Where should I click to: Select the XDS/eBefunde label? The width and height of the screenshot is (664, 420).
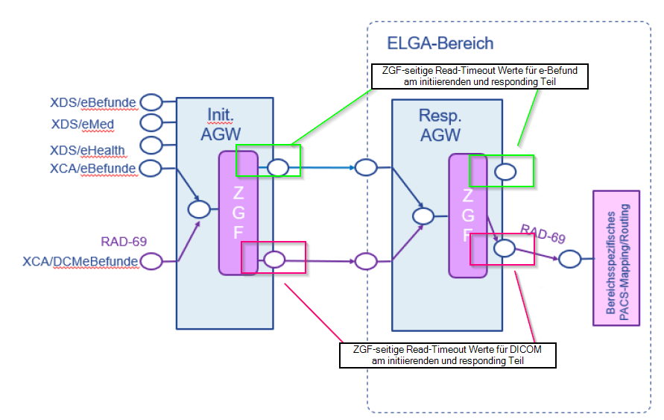click(93, 101)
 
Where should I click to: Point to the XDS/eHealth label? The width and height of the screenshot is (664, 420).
click(87, 150)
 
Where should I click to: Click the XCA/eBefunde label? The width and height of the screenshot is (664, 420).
click(92, 169)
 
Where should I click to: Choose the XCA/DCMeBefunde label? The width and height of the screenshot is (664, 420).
click(80, 261)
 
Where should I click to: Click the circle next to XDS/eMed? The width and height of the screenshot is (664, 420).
click(151, 122)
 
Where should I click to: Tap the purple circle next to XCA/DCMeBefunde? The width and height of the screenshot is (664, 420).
click(151, 261)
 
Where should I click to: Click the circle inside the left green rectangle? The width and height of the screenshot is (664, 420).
click(278, 167)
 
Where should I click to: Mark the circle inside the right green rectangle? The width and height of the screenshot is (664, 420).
click(506, 172)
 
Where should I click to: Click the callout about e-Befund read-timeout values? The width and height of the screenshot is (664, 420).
click(479, 76)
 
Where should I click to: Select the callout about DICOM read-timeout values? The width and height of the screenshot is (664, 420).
click(448, 355)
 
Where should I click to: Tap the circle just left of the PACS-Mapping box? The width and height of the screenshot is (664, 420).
click(570, 260)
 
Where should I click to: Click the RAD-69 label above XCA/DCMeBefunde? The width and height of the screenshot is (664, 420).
click(124, 241)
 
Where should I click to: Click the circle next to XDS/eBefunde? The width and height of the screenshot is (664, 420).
click(151, 101)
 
